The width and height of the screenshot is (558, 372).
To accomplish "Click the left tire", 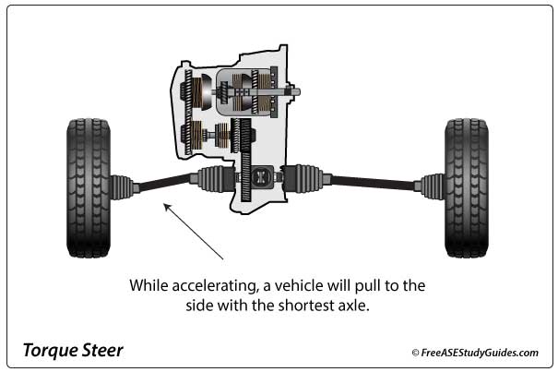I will [x=89, y=187].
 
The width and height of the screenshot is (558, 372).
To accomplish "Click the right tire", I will [x=467, y=187].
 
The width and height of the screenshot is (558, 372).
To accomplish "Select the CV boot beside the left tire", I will [x=122, y=186].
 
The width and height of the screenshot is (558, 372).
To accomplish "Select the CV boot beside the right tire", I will [x=433, y=186].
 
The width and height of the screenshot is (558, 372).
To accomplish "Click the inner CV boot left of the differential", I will [x=211, y=178].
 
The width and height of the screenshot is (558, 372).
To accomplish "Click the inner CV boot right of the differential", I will [x=304, y=178].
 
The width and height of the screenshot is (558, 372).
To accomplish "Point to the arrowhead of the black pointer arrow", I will [x=166, y=207].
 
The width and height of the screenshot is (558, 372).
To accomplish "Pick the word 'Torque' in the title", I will [x=48, y=351].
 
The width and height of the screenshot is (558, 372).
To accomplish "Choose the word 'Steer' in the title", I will [x=103, y=351].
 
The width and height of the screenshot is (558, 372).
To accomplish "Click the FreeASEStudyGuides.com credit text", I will [x=481, y=352].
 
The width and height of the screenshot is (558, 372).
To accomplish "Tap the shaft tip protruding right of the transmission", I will [x=295, y=91].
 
